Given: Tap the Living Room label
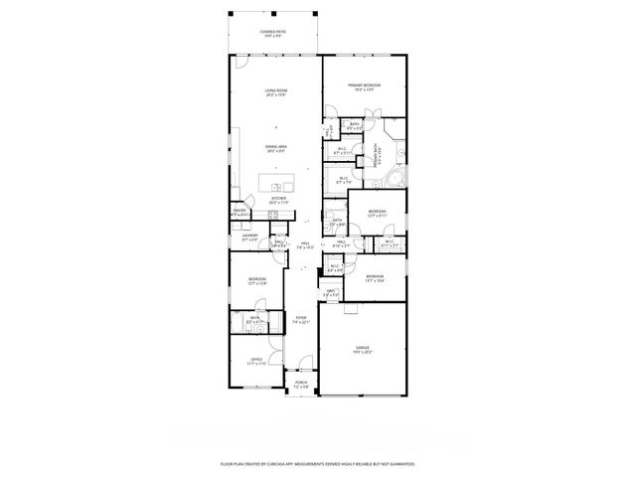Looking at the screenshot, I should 275,92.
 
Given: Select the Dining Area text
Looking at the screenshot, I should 275,148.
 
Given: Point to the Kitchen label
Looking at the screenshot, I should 278,199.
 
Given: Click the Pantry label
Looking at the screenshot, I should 239,212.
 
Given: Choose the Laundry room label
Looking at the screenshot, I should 249,237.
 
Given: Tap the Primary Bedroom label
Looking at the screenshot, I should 365,86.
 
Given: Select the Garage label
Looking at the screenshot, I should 362,349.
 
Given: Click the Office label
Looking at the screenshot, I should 255,362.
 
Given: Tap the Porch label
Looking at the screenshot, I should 300,384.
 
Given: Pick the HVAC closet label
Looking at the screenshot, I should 331,292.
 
